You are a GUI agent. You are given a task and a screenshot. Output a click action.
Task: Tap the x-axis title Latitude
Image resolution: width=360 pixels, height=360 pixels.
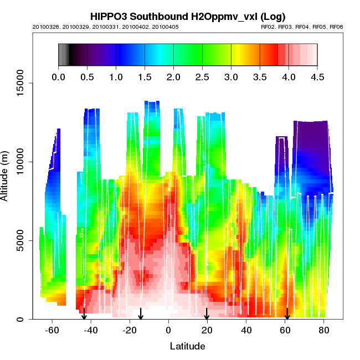187,347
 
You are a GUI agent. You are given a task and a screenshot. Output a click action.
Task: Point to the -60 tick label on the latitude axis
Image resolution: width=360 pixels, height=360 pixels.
52,331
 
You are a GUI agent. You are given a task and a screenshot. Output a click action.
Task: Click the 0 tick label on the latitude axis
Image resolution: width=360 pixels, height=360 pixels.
168,331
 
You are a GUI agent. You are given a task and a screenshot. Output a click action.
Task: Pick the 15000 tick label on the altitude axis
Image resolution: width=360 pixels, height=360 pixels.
19,83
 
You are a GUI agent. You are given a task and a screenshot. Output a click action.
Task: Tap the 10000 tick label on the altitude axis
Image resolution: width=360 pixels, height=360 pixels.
19,162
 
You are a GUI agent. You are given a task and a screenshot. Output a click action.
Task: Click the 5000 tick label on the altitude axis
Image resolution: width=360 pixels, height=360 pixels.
22,240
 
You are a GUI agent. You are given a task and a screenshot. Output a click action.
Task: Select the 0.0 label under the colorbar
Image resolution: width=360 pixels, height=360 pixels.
58,77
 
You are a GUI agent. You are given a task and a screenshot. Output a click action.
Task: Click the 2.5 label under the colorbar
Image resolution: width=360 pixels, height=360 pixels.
202,77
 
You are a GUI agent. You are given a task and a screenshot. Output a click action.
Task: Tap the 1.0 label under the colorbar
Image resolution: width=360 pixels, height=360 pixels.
116,77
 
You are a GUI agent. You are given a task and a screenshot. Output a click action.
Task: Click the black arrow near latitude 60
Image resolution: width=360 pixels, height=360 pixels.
287,314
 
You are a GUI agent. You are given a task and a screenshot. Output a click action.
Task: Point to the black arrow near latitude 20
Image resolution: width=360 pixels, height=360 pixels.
207,314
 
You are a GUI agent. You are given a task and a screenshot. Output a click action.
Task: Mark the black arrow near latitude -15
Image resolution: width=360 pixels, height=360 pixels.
141,314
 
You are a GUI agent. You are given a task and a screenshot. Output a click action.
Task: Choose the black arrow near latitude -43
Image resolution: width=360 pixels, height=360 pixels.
84,313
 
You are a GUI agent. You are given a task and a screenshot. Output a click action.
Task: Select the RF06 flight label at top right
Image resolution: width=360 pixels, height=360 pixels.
336,27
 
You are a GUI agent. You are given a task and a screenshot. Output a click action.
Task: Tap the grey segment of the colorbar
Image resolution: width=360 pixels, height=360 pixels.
63,54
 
